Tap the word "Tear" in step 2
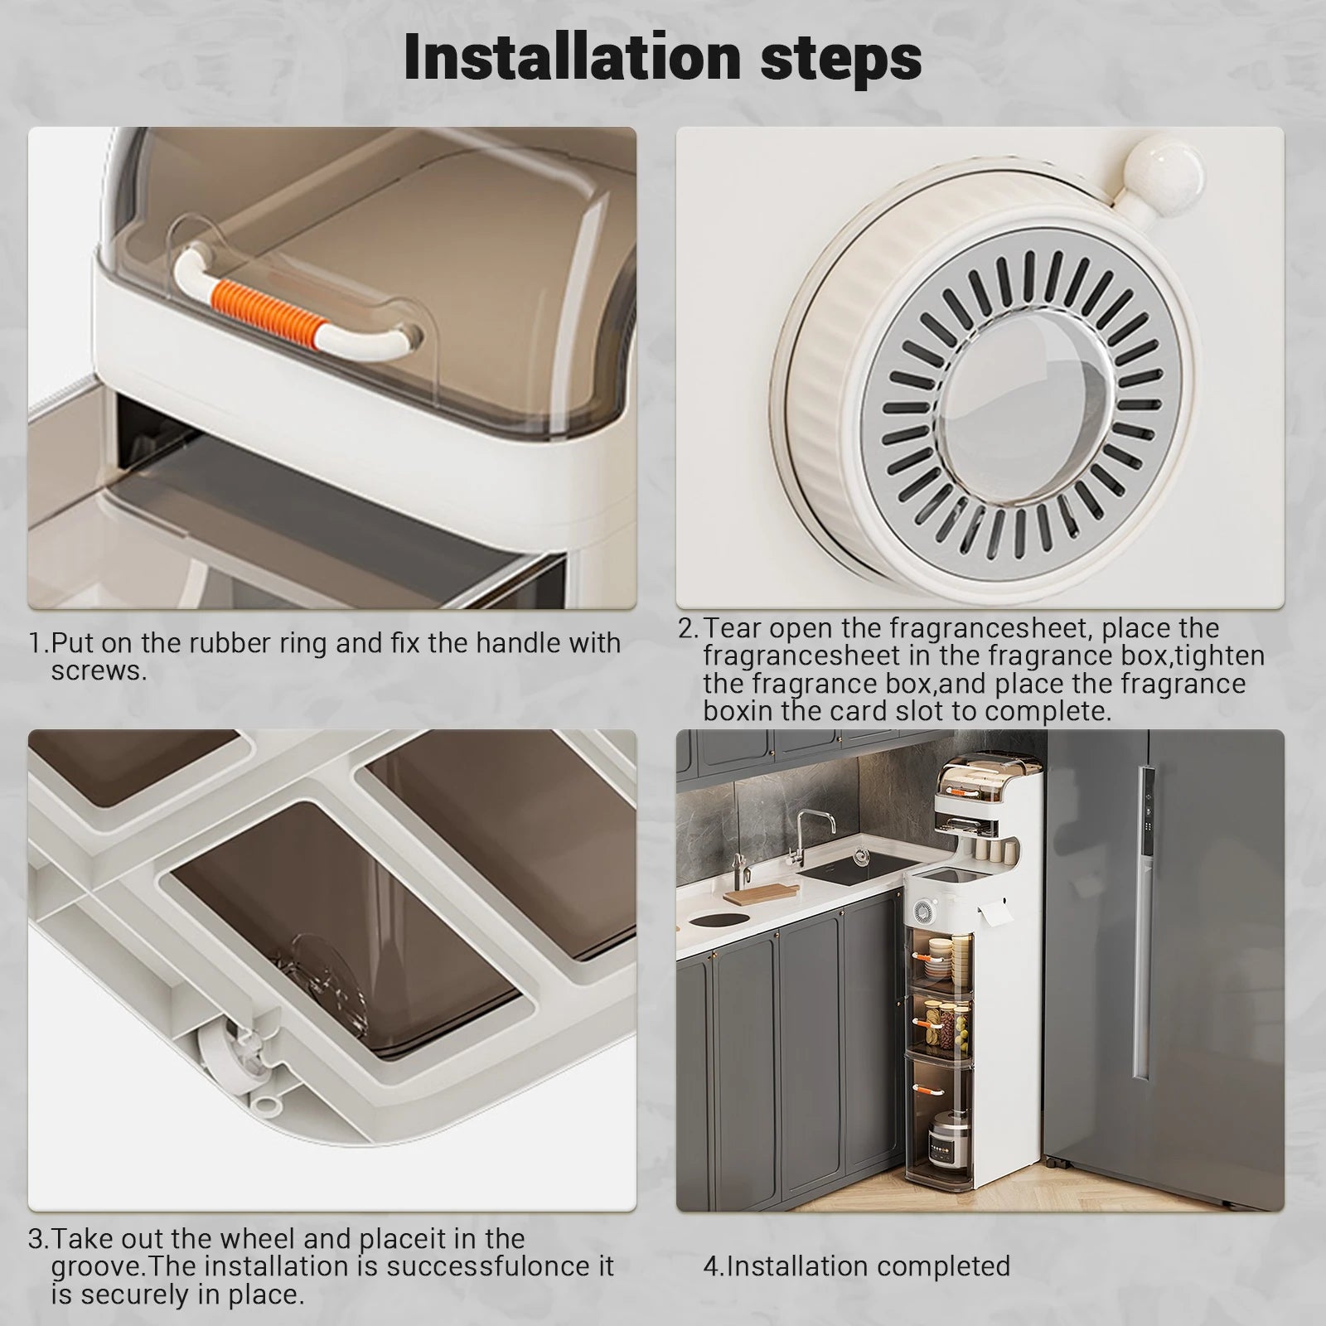click(x=732, y=628)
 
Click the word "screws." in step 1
click(x=99, y=670)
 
